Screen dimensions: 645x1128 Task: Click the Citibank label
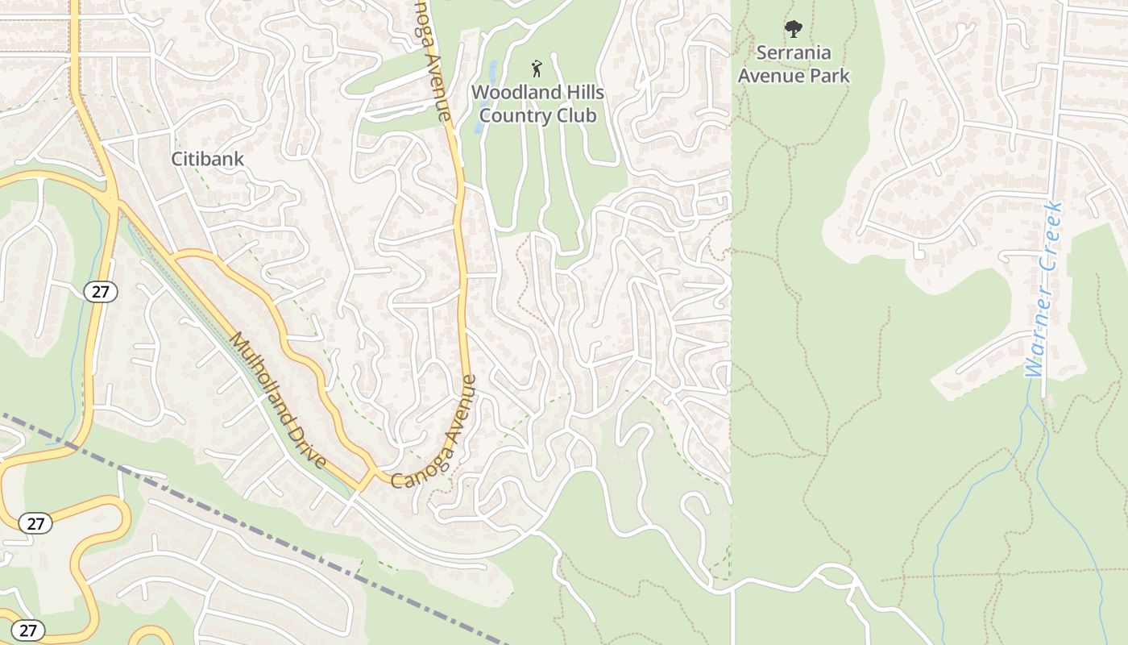[207, 159]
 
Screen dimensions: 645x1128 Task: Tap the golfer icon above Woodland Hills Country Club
[537, 69]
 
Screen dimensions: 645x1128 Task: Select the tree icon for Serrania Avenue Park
[794, 30]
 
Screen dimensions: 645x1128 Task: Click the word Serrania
[794, 53]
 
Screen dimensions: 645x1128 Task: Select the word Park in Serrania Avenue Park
[831, 76]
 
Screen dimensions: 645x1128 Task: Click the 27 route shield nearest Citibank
[100, 292]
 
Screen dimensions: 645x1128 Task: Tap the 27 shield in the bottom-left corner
[28, 630]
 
